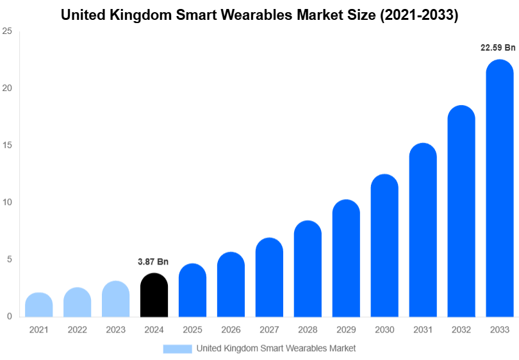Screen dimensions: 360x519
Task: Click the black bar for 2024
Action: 154,295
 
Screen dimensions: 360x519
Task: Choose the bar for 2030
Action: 384,246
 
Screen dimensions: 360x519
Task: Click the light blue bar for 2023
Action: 115,299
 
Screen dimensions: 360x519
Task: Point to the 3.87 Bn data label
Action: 153,262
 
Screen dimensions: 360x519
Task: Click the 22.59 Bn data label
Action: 498,47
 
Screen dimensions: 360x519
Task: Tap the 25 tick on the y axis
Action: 7,31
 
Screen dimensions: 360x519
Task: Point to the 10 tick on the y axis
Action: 7,202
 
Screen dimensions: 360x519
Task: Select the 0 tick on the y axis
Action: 10,316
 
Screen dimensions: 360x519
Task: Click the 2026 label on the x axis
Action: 231,329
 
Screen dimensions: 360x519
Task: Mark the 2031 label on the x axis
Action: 423,329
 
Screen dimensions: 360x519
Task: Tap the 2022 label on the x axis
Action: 77,329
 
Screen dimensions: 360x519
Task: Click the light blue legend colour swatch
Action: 177,348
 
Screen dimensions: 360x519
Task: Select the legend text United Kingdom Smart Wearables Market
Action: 276,348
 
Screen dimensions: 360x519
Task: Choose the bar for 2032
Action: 461,211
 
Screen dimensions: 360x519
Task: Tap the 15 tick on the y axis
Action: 7,145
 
